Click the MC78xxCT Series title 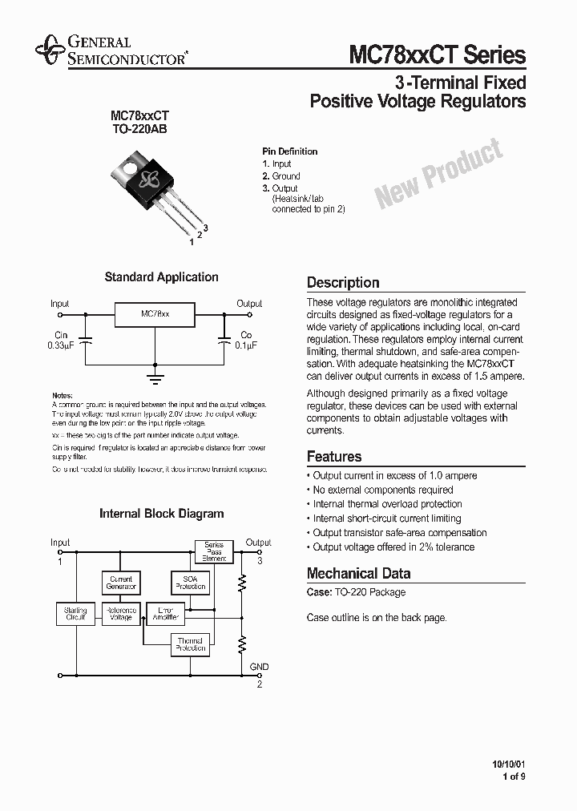coord(437,54)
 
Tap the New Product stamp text coord(438,174)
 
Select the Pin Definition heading coord(289,151)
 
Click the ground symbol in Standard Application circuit coord(155,373)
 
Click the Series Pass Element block coord(214,551)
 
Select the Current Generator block coord(121,583)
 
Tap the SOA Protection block coord(190,583)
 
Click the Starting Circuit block coord(75,614)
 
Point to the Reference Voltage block coord(121,614)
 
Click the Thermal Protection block coord(190,644)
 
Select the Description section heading coord(343,283)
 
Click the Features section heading coord(334,457)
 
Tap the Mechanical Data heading coord(358,574)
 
